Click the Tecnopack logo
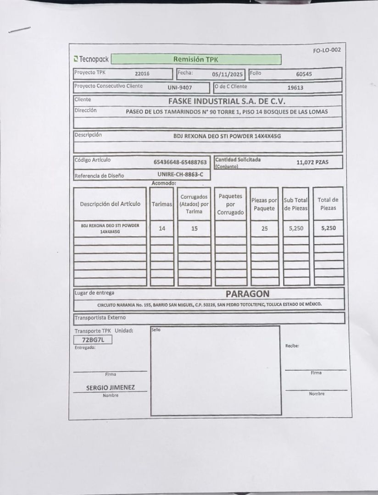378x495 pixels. (x=91, y=60)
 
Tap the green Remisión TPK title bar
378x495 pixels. (x=196, y=59)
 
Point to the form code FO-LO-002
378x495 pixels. (x=327, y=50)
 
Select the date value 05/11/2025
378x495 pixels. (x=228, y=74)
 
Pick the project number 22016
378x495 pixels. (x=142, y=73)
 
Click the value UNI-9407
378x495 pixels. (x=180, y=87)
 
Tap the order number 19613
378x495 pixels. (x=295, y=87)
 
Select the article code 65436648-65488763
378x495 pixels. (x=180, y=162)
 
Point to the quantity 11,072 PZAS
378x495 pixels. (x=312, y=162)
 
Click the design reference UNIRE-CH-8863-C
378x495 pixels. (x=180, y=175)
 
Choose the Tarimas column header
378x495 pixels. (x=161, y=204)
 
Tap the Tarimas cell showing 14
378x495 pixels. (x=161, y=228)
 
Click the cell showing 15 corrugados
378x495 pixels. (x=195, y=228)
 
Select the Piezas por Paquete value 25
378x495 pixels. (x=264, y=228)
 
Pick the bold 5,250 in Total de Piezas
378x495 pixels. (x=328, y=228)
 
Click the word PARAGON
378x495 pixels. (x=248, y=293)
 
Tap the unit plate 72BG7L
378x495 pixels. (x=93, y=340)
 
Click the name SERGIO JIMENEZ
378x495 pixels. (x=111, y=388)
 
